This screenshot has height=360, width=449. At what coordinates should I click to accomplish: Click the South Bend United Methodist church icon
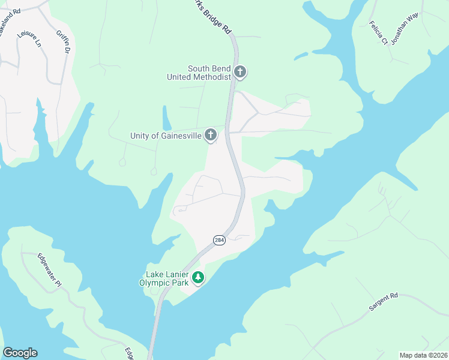click(240, 73)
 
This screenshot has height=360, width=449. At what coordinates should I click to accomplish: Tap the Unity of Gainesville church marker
click(210, 135)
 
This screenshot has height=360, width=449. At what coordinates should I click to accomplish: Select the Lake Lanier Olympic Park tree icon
click(197, 278)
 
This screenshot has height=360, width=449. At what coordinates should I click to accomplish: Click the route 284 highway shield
click(219, 240)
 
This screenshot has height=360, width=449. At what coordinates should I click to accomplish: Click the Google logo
click(20, 353)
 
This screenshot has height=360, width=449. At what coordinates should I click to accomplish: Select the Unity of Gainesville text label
click(165, 136)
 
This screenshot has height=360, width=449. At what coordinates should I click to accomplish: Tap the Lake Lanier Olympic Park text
click(163, 278)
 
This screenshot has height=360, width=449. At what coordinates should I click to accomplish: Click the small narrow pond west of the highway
click(166, 118)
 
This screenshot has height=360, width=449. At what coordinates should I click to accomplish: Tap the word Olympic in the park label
click(154, 282)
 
